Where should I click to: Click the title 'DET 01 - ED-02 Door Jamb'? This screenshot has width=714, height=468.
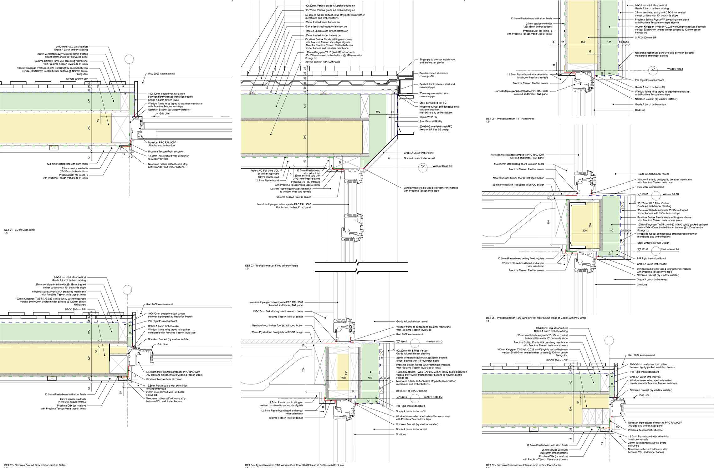(x=19, y=230)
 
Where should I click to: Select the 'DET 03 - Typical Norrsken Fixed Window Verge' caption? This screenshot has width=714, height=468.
(x=271, y=266)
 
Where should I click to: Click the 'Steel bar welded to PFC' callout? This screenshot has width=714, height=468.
(x=433, y=103)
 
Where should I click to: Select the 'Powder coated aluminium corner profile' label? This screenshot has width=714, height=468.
(x=434, y=74)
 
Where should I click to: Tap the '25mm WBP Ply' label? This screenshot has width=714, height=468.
(x=428, y=117)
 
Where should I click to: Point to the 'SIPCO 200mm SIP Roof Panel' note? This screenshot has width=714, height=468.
(x=322, y=62)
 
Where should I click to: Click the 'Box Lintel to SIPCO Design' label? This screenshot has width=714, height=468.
(x=411, y=391)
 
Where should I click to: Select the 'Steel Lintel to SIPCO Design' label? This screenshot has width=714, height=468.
(x=653, y=243)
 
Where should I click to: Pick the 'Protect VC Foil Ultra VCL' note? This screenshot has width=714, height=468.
(x=264, y=170)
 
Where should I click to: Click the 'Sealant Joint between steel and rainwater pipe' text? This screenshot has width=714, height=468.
(x=437, y=85)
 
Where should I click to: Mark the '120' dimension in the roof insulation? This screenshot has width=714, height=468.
(x=304, y=106)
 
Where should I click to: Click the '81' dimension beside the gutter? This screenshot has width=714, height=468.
(x=392, y=112)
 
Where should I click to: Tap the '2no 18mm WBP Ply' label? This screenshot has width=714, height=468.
(x=430, y=121)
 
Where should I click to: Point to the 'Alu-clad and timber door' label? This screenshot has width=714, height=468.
(x=162, y=145)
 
